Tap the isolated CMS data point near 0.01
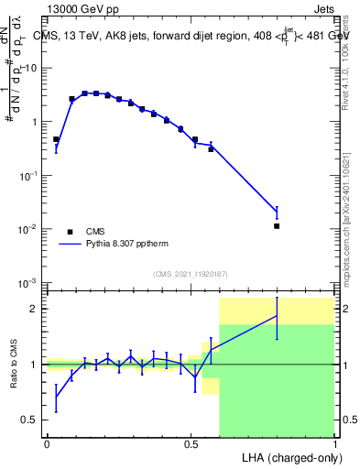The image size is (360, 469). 277,225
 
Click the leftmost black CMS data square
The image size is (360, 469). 56,139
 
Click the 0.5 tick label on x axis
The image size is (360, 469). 191,442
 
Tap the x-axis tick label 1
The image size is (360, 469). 335,442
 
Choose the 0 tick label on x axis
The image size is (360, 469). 47,442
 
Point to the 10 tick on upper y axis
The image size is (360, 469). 31,68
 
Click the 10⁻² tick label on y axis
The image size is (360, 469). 27,229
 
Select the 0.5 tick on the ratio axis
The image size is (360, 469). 31,420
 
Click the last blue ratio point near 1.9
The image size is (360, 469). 277,316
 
